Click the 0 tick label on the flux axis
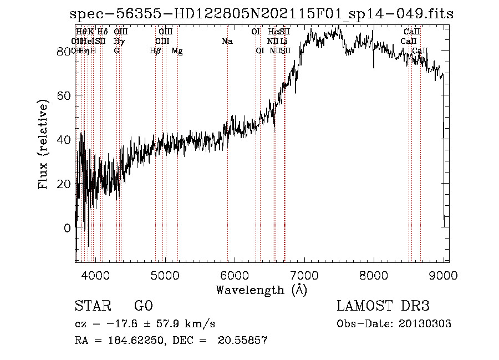point(67,228)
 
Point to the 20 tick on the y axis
point(64,184)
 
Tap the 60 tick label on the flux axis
point(64,95)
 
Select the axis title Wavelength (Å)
point(261,290)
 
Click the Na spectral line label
point(227,41)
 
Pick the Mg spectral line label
point(177,51)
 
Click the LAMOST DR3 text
point(383,306)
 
